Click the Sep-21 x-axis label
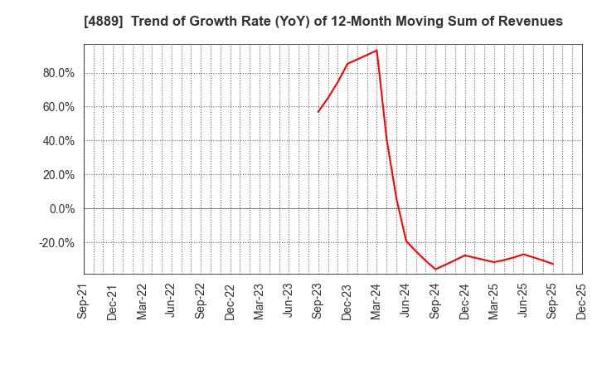click(84, 300)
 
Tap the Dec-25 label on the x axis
click(582, 300)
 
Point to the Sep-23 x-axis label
click(318, 300)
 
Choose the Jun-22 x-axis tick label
click(172, 300)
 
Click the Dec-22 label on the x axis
click(231, 300)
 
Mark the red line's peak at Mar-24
click(376, 51)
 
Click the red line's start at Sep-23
click(318, 112)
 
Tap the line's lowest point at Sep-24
click(435, 269)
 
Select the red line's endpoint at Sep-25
click(553, 264)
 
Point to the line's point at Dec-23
click(347, 64)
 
